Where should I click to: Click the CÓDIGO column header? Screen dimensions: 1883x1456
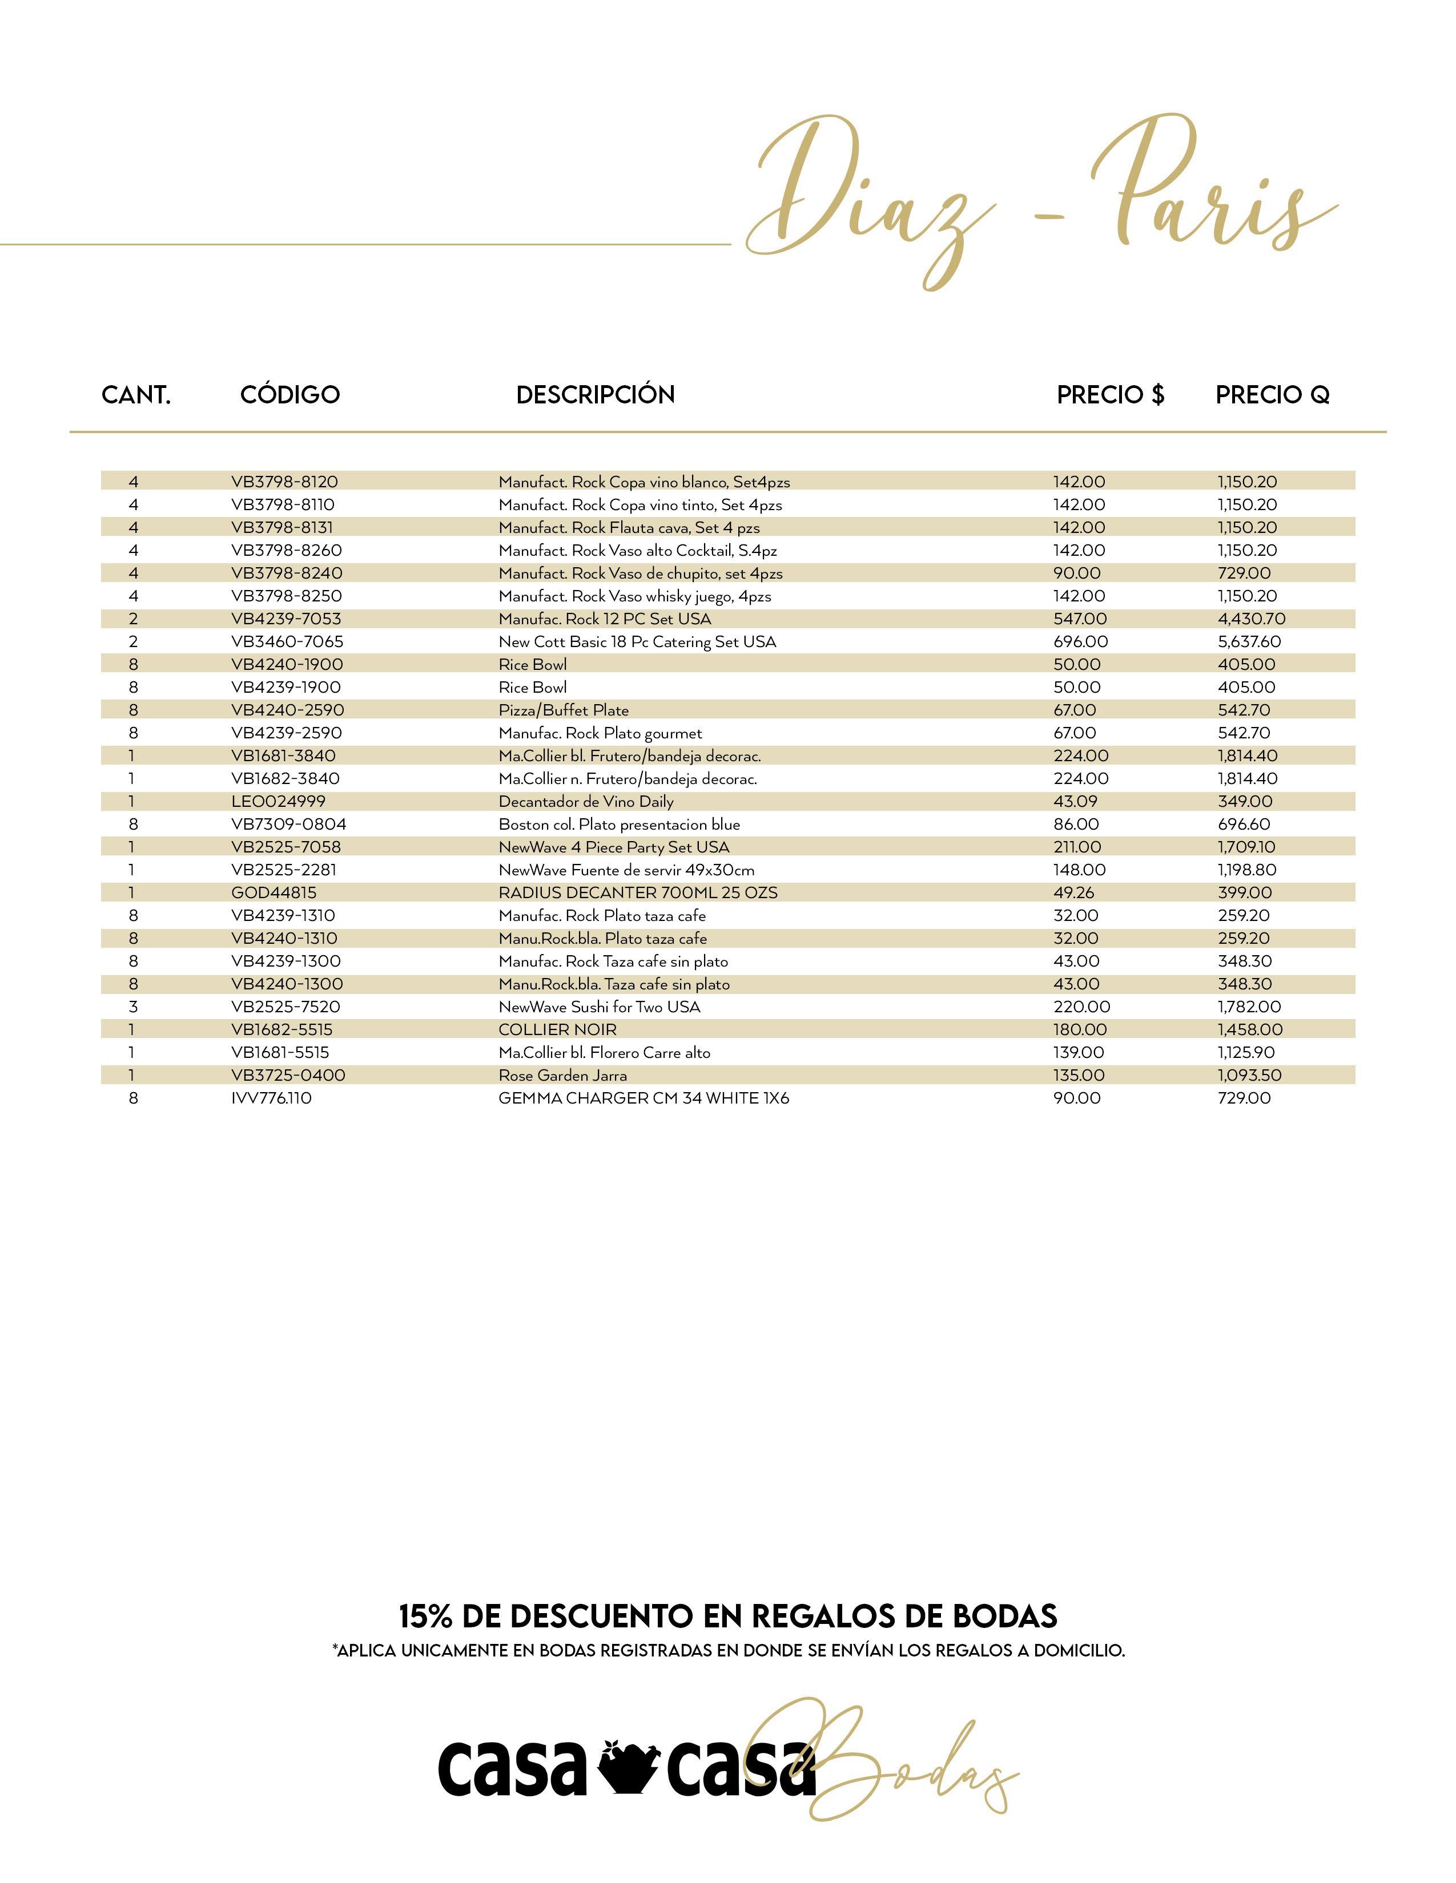click(x=290, y=395)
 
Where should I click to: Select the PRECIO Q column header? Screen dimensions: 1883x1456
click(x=1272, y=395)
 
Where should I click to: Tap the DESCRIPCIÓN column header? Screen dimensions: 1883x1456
click(x=595, y=395)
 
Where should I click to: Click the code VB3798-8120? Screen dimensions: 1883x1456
click(x=285, y=482)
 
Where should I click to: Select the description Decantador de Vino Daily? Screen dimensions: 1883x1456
click(x=586, y=802)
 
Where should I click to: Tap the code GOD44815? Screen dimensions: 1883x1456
click(x=273, y=893)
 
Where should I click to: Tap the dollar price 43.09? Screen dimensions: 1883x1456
click(x=1075, y=802)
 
